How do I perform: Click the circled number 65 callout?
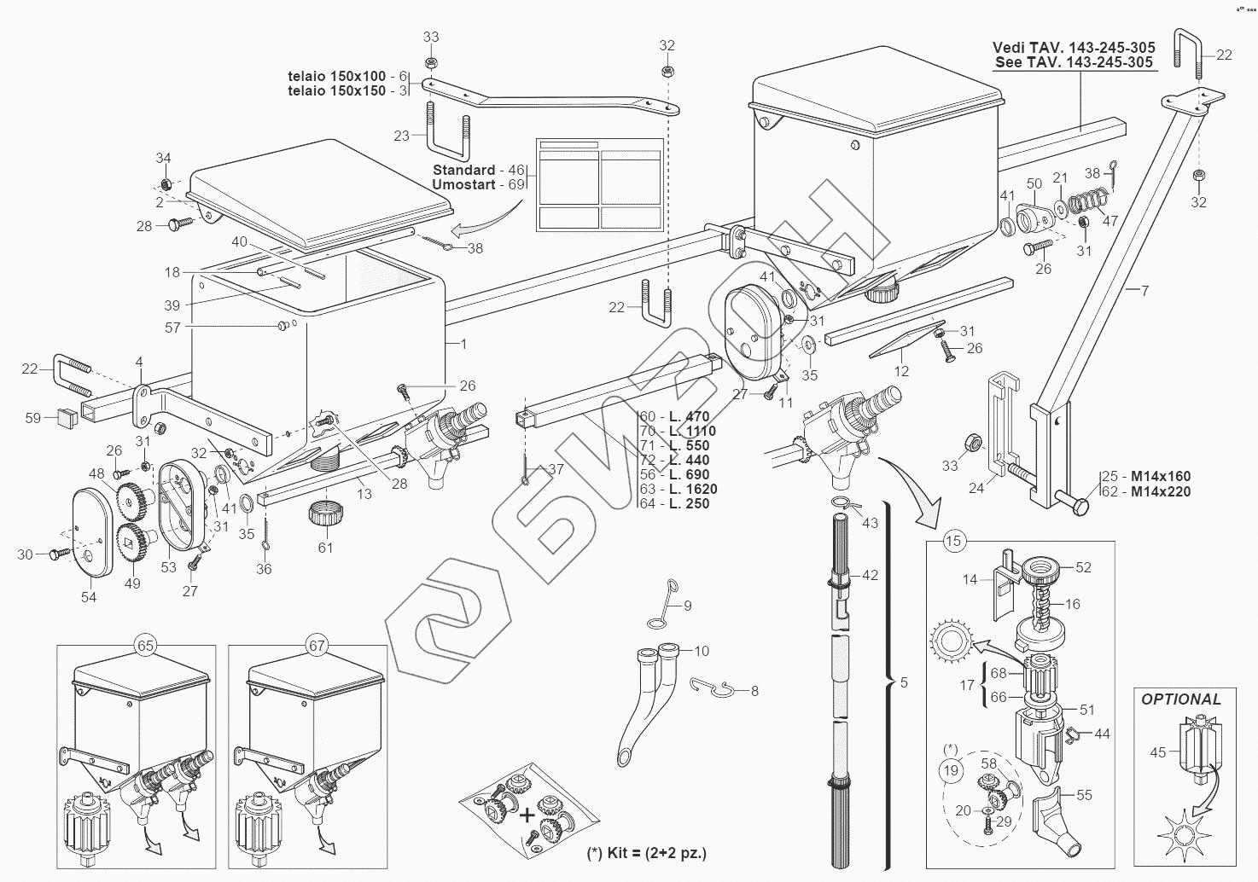point(146,646)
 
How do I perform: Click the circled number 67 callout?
point(317,646)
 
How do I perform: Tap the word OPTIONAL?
point(1181,699)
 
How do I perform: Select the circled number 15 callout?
point(953,541)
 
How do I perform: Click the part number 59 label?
point(32,418)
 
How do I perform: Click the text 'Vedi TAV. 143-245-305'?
point(1074,48)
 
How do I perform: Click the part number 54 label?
point(89,597)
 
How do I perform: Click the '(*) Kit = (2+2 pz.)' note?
point(646,852)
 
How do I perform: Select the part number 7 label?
point(1144,291)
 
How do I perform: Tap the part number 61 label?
point(325,548)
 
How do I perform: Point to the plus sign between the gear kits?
point(527,815)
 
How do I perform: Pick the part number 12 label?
point(902,371)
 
